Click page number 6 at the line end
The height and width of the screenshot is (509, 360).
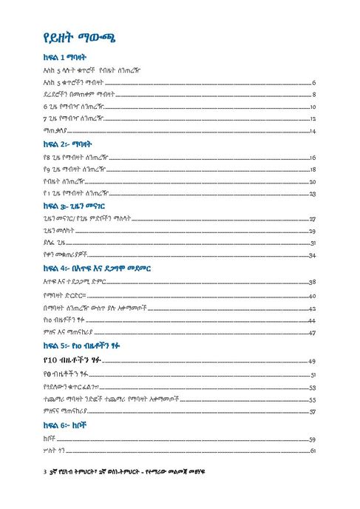(314, 83)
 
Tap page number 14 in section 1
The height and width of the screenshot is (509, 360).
(313, 131)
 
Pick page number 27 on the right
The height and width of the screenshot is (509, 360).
(313, 220)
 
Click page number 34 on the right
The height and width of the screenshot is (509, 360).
(313, 256)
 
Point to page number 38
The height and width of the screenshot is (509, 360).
(313, 282)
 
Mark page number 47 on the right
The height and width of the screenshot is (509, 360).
(313, 332)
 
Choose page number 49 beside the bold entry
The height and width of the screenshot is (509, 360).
(313, 361)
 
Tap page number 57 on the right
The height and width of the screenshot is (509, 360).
(313, 411)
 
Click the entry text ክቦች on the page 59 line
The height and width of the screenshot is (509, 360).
(50, 439)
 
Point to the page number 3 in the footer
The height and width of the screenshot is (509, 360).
(45, 471)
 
